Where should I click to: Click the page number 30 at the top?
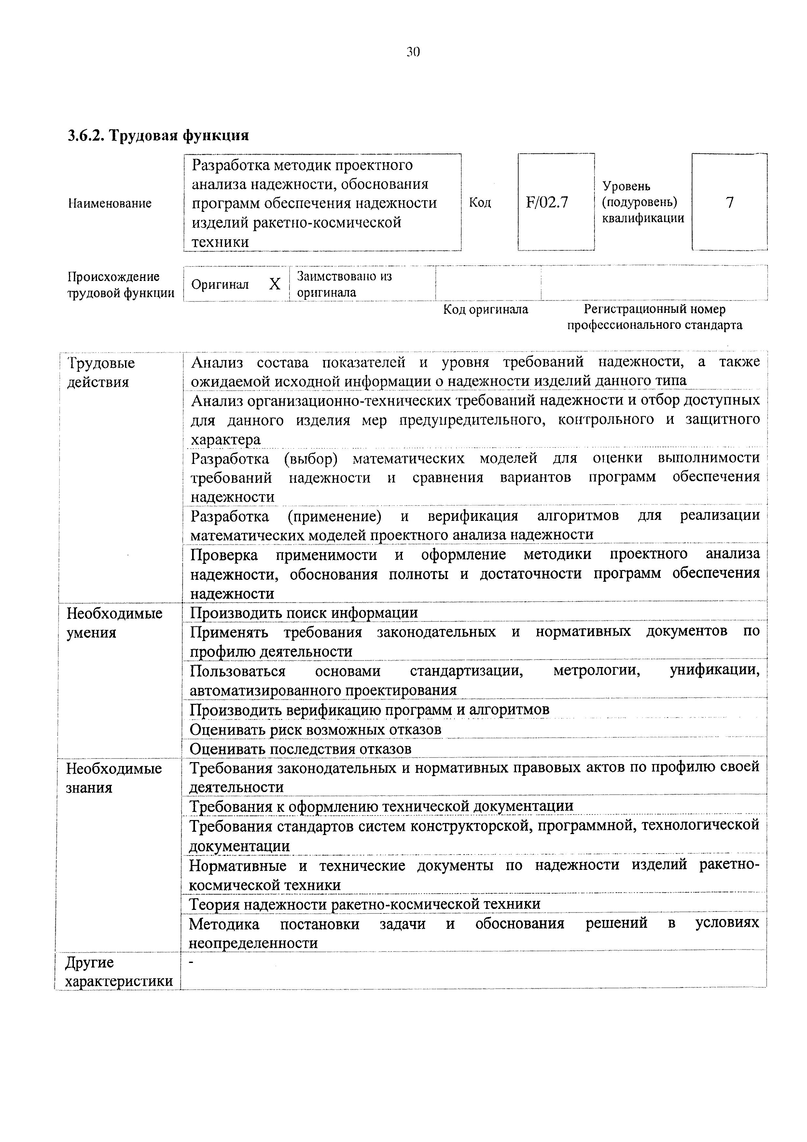413,52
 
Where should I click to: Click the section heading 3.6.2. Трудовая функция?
158,135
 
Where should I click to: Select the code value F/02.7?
547,202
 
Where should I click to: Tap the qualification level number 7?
730,202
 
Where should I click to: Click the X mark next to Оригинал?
274,284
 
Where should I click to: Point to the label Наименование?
110,203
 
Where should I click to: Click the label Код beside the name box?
480,202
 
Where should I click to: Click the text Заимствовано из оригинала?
344,284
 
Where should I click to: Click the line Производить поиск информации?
304,613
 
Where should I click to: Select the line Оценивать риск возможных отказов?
315,730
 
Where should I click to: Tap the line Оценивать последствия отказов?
300,749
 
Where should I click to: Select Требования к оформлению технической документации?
382,806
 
